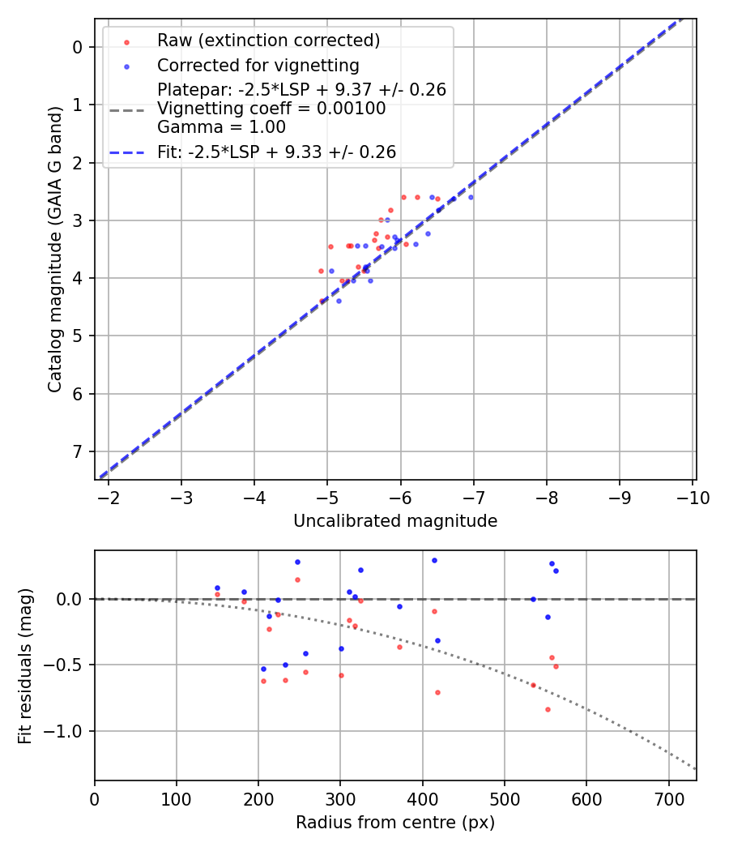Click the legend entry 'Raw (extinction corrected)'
[268, 41]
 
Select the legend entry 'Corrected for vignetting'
[258, 65]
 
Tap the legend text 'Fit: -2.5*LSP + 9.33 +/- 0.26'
[276, 152]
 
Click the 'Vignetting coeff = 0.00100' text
[271, 109]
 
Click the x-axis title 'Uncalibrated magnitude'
[395, 521]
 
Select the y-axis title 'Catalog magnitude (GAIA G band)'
[54, 248]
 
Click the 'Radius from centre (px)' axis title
[395, 823]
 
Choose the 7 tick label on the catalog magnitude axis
[78, 451]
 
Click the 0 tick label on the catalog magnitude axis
[78, 47]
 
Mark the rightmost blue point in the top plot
[471, 197]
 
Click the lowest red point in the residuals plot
[548, 709]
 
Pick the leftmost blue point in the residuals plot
[217, 588]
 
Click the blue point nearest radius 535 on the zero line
[533, 599]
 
